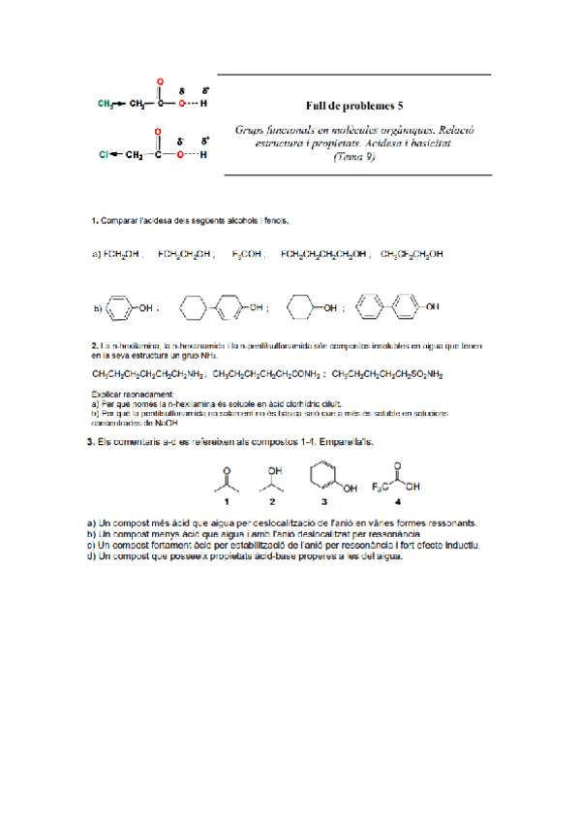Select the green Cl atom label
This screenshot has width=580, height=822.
tap(103, 153)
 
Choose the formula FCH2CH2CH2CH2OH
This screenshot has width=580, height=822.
tap(323, 255)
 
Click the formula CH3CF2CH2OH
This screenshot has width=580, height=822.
tap(412, 255)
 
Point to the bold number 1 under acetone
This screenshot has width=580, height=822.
tap(227, 502)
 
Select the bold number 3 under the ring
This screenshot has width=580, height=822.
tap(323, 502)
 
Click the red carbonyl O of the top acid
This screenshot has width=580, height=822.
tap(160, 81)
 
